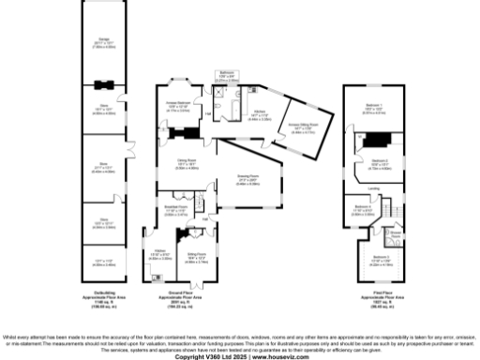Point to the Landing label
click(373, 187)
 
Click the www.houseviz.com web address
click(275, 356)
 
